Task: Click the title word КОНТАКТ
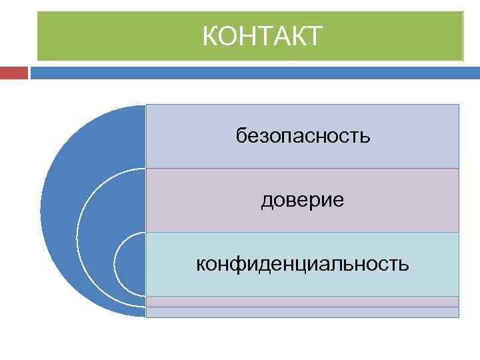262,36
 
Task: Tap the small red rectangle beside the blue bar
14,72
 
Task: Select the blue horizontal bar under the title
253,72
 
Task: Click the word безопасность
303,137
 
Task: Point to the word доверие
303,200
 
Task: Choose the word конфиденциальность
303,264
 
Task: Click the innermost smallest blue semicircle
129,264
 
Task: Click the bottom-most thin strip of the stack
303,312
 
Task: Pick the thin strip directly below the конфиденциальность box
303,301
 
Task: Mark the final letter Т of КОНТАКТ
314,36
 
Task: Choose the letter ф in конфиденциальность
237,265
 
